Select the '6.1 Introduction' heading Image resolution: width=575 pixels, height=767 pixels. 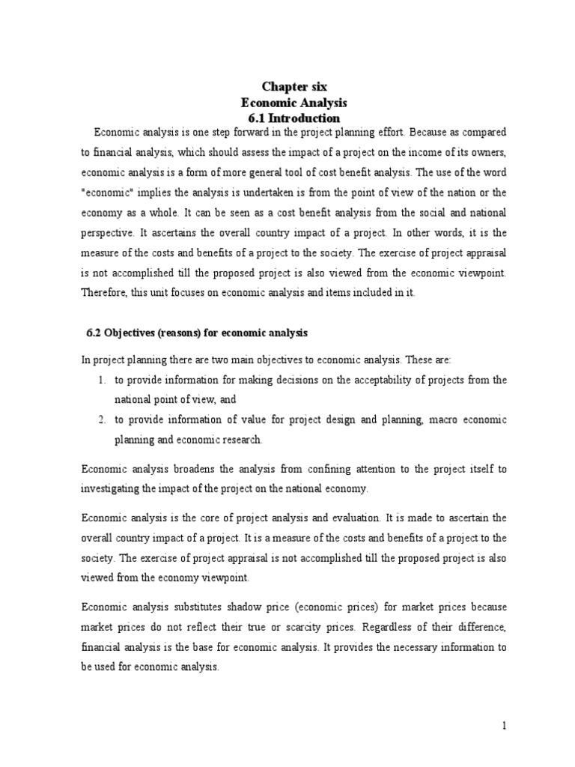[x=293, y=118]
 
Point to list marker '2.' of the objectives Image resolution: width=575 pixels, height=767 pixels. [x=102, y=420]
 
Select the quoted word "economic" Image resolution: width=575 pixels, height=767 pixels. [x=103, y=191]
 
